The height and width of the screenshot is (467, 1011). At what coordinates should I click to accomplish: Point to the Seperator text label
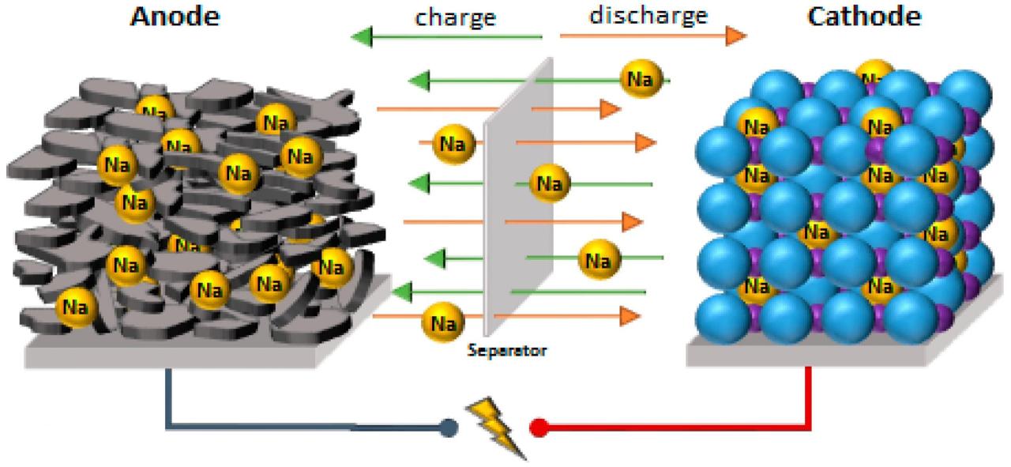506,349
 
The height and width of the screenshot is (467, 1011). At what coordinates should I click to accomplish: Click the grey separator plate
517,198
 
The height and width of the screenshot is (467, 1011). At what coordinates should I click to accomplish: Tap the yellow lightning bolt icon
494,427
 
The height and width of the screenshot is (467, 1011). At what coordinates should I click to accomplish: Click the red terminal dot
539,427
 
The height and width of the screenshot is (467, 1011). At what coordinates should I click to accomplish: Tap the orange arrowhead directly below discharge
735,36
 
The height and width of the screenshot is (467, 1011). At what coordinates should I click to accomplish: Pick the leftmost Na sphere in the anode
75,307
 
